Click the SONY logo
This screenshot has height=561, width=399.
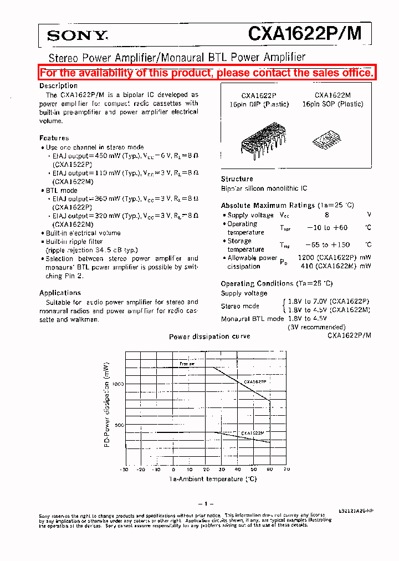(77, 37)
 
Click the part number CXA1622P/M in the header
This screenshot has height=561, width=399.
(305, 34)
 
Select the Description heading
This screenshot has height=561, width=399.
(58, 86)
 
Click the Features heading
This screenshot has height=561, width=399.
(54, 138)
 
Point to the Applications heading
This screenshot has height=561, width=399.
(60, 293)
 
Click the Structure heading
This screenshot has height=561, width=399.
(237, 179)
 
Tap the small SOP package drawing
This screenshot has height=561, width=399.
(324, 142)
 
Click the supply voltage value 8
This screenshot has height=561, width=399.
(327, 215)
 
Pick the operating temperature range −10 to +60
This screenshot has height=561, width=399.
(327, 228)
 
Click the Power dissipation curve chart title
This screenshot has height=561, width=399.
(209, 336)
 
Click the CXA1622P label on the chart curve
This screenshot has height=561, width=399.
(255, 382)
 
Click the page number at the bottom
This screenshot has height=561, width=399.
(205, 503)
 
